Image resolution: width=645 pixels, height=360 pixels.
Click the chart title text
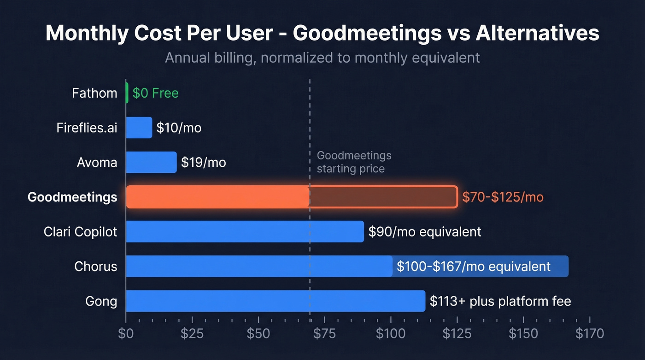(322, 34)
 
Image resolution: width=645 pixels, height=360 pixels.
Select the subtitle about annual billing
(322, 58)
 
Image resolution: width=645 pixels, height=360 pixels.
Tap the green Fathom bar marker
(127, 93)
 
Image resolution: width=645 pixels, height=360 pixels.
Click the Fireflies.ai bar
(139, 128)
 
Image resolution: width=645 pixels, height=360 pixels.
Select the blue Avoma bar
(151, 162)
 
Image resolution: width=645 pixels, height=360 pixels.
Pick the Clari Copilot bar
(245, 231)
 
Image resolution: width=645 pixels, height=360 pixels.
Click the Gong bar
(275, 301)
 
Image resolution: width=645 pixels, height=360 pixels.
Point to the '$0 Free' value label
(155, 93)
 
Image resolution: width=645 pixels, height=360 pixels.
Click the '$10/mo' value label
(179, 128)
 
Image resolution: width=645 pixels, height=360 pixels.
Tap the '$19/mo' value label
(203, 162)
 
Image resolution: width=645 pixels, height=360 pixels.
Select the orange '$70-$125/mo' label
(503, 197)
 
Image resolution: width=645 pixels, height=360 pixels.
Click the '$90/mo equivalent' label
(425, 231)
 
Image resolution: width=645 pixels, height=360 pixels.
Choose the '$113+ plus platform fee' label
(500, 301)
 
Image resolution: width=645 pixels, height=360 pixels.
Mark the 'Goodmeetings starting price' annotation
(354, 162)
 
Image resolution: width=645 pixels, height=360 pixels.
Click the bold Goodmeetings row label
(72, 197)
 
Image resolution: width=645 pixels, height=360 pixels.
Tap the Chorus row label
(96, 266)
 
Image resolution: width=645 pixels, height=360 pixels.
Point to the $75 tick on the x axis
(324, 333)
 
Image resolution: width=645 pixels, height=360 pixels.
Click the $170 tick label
(589, 333)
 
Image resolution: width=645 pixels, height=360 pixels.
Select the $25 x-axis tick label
(192, 333)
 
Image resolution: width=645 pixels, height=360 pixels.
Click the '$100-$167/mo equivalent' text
(474, 266)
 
